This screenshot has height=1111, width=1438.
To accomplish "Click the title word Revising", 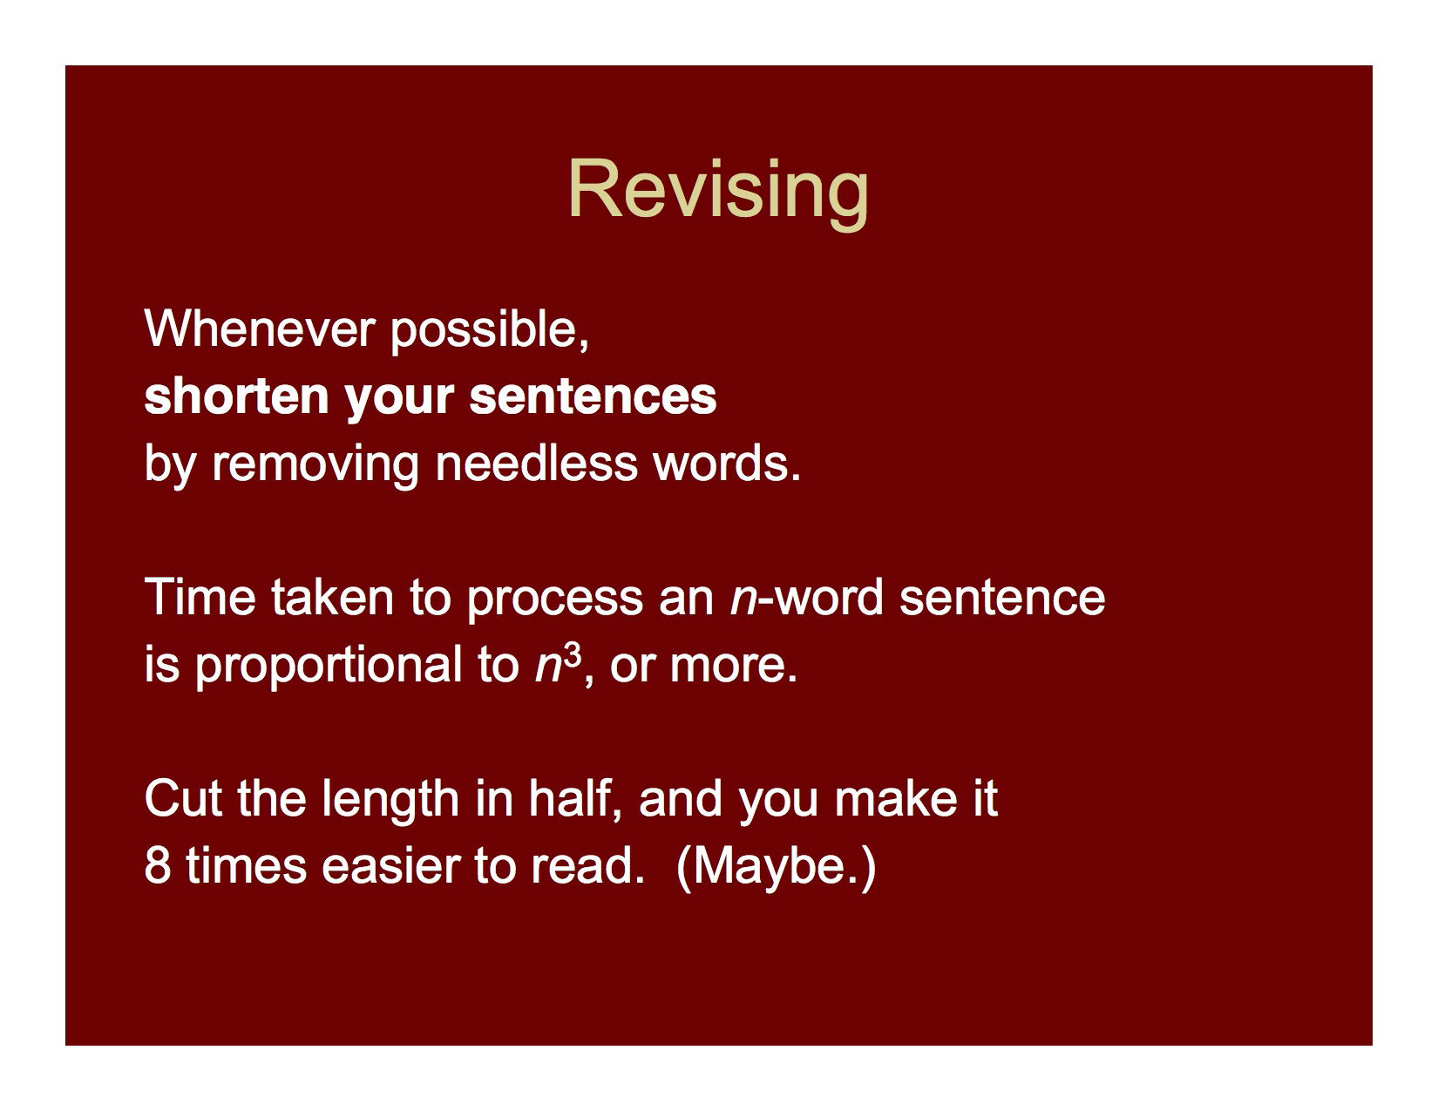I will coord(718,189).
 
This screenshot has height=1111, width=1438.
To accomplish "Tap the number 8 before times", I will coord(157,866).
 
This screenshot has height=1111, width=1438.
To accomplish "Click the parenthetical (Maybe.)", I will coord(776,866).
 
